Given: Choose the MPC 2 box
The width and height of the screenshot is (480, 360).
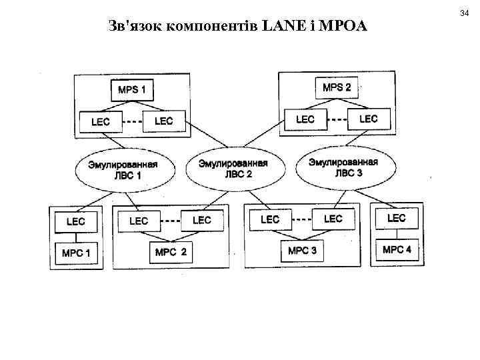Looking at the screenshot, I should click(171, 252).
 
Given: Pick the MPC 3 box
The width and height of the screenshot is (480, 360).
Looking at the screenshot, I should click(302, 251).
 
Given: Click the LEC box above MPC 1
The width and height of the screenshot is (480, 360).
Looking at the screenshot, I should click(75, 221).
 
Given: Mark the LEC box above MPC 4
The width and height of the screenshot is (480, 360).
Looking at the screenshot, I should click(396, 218).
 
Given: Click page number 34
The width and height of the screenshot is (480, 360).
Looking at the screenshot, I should click(465, 13).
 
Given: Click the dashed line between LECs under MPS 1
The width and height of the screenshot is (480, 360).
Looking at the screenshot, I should click(134, 122).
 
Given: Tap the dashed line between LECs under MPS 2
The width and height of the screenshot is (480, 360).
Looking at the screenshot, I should click(339, 120).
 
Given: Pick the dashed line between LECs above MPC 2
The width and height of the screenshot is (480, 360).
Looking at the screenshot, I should click(171, 221).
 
